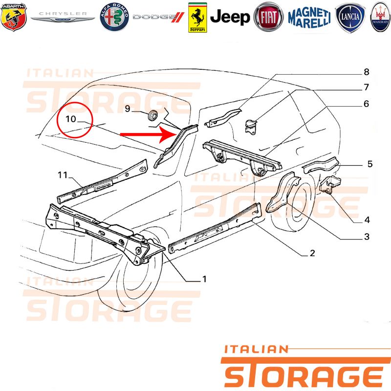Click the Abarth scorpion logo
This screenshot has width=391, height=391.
14,17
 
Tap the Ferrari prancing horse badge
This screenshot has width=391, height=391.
197,18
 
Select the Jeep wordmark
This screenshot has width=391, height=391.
230,17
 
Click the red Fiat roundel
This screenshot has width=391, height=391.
268,17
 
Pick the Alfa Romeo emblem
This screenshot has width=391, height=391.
114,17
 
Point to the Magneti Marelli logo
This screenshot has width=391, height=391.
309,18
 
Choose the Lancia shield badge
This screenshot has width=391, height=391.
350,18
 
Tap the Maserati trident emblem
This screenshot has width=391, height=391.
381,17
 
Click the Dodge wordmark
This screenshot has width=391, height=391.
158,17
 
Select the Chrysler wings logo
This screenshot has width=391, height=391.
63,17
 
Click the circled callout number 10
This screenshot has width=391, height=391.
71,119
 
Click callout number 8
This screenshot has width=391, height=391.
366,72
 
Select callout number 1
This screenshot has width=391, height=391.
204,279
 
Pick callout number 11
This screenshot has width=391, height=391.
63,175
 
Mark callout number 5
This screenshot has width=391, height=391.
370,164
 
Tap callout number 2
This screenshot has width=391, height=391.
312,253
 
